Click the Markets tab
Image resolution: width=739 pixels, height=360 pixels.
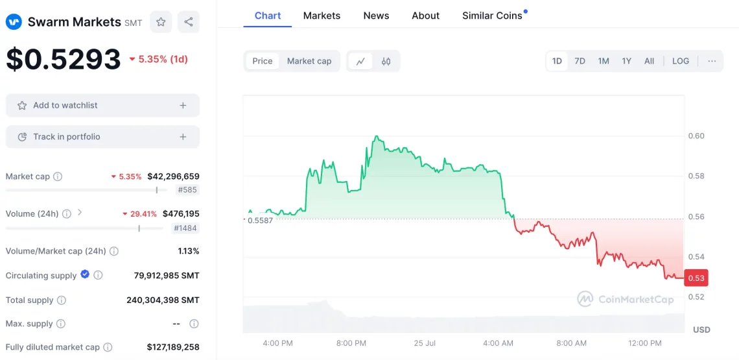[x=322, y=16]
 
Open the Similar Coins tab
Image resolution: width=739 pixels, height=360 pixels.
[x=492, y=16]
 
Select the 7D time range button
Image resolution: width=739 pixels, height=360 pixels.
[x=580, y=61]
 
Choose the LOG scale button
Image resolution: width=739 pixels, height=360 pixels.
[x=681, y=61]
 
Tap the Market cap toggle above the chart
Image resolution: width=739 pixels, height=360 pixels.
[x=309, y=61]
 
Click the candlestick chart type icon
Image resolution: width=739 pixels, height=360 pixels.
[x=386, y=61]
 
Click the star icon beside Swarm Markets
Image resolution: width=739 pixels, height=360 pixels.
[x=161, y=21]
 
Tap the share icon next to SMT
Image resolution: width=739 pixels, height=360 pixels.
[x=189, y=21]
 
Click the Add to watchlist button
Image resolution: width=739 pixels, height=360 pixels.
[x=102, y=105]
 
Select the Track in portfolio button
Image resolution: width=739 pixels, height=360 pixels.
[x=102, y=137]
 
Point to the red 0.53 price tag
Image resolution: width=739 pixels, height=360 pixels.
[x=696, y=278]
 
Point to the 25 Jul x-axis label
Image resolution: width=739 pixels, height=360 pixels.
[x=424, y=343]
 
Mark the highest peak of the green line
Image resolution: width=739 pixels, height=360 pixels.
[x=376, y=136]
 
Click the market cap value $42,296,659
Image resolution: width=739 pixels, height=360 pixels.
[x=174, y=176]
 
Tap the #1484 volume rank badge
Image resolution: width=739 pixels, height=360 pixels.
[x=186, y=228]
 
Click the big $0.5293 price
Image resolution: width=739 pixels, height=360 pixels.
[x=64, y=59]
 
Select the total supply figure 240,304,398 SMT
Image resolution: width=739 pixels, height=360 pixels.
[x=163, y=300]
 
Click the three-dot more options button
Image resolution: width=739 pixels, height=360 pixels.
[x=712, y=61]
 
